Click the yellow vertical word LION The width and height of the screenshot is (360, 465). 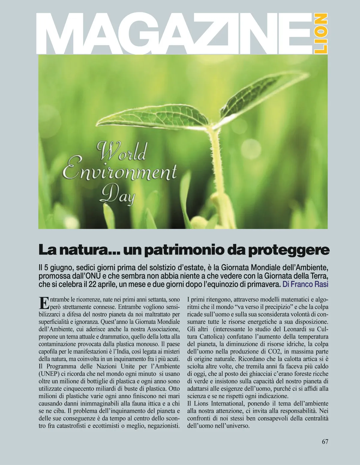coord(320,33)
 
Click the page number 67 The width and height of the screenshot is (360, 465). coord(325,442)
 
